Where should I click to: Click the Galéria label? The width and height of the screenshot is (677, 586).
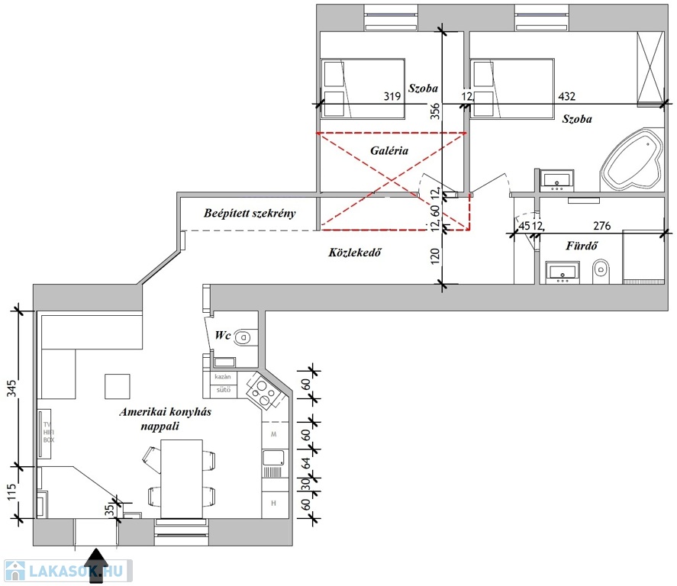pos(389,151)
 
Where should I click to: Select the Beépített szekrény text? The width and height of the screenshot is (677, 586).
pos(250,214)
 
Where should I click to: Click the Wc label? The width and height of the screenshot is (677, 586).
pos(223,336)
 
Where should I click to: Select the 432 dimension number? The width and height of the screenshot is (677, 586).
pos(566,97)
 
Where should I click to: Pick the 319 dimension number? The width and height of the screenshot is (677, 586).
pos(392,97)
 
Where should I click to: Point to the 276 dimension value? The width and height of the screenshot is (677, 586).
pos(603,226)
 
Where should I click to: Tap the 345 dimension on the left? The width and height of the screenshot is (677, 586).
pos(11,388)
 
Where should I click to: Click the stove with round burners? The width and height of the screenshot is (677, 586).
pos(264,390)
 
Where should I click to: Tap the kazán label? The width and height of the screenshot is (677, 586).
pos(223,377)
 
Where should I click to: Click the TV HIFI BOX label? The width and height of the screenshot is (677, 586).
pos(48,432)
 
